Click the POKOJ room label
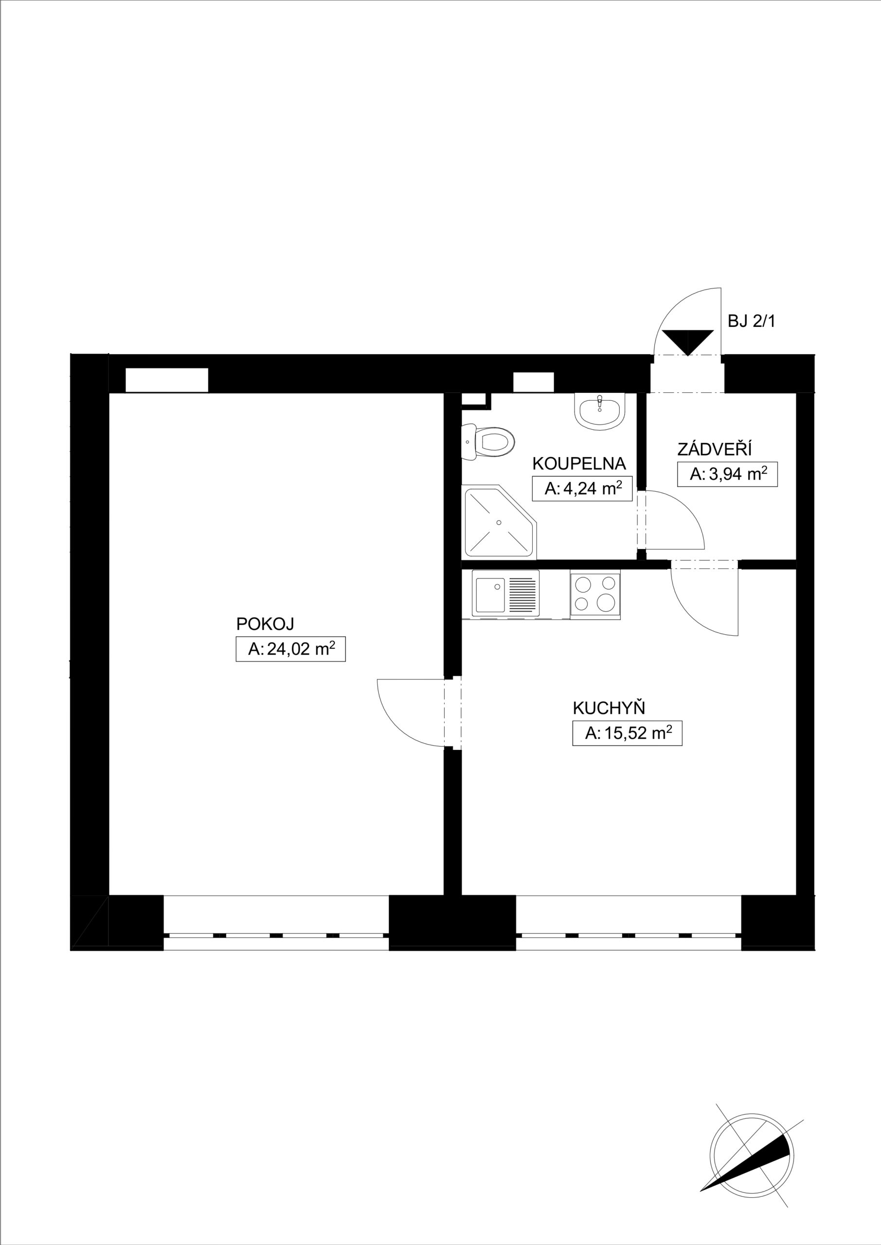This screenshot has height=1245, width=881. click(265, 624)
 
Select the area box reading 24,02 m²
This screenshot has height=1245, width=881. click(290, 649)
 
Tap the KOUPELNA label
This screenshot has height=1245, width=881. click(579, 463)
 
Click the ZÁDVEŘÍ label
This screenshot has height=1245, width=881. click(715, 449)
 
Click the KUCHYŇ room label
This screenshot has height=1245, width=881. click(609, 708)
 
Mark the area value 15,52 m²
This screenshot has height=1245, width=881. click(627, 733)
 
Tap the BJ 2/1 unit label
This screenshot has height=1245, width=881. click(751, 321)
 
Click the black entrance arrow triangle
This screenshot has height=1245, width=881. click(687, 342)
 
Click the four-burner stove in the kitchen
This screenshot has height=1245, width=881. click(595, 594)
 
